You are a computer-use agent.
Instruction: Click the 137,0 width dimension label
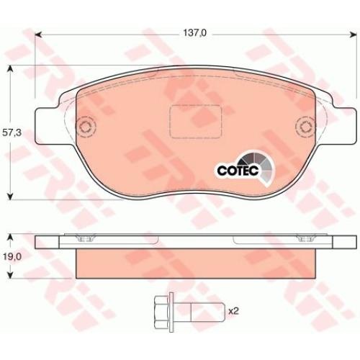pos(194,33)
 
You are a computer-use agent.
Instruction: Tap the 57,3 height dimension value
pos(12,132)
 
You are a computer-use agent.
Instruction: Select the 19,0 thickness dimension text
pos(12,257)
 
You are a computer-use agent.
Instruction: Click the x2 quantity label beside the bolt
pos(233,312)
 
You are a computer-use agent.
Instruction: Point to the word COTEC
pos(238,171)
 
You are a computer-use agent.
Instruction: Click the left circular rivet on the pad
pos(86,127)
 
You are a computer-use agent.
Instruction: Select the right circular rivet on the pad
pos(305,127)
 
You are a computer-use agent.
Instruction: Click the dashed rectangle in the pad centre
pos(195,122)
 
